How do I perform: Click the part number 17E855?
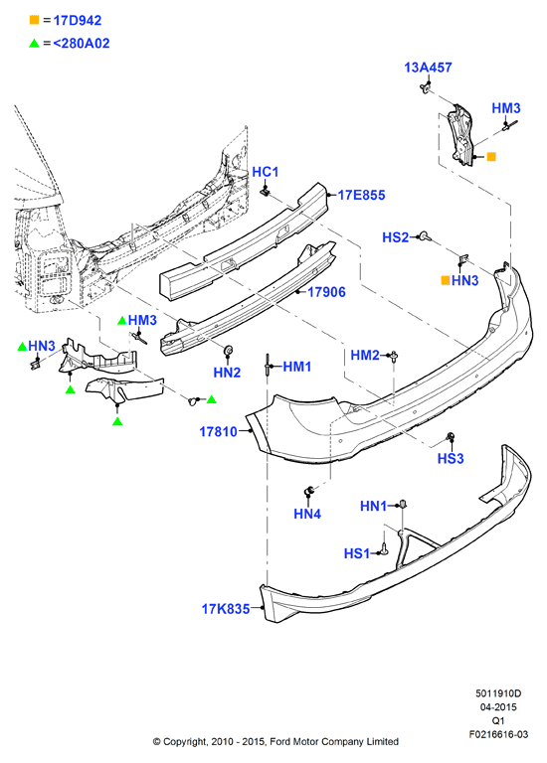click(x=361, y=195)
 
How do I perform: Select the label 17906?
click(x=326, y=292)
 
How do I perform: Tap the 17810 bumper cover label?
click(x=218, y=431)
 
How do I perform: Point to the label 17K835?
click(x=226, y=609)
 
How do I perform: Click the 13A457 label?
click(x=428, y=68)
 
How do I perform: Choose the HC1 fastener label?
click(x=266, y=172)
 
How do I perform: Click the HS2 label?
click(x=396, y=237)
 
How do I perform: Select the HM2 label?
click(x=365, y=356)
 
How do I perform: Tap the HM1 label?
click(x=297, y=367)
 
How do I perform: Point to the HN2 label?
click(x=227, y=373)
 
